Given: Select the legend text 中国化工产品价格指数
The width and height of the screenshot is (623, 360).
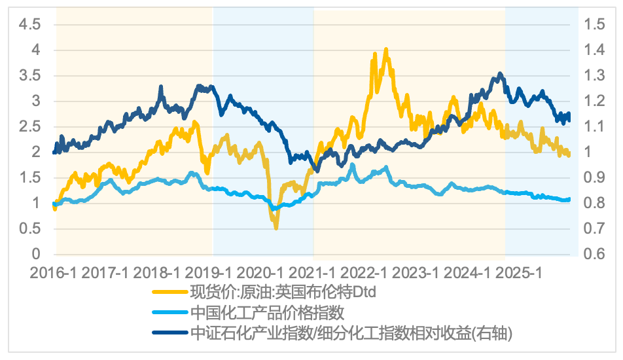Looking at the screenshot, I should click(267, 312).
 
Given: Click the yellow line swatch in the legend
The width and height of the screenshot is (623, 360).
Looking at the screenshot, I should click(169, 292).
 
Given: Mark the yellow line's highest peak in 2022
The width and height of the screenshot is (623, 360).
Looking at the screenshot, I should click(386, 49).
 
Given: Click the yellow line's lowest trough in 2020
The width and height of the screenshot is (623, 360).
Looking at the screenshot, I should click(276, 228).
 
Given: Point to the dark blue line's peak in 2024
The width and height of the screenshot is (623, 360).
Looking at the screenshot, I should click(500, 74).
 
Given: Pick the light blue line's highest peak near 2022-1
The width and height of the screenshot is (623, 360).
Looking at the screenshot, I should click(353, 165).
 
